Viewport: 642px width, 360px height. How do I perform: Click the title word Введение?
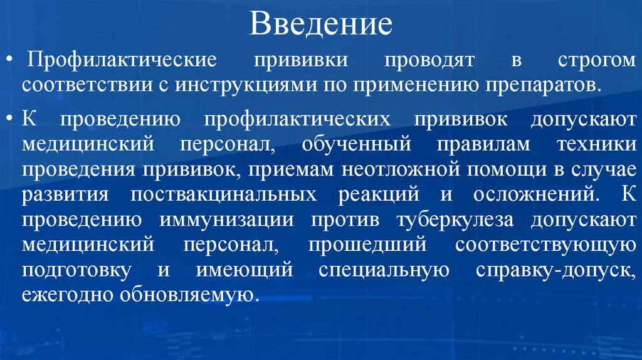pyautogui.click(x=321, y=25)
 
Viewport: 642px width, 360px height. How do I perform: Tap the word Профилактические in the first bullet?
pyautogui.click(x=122, y=61)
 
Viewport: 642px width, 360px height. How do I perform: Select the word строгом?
pyautogui.click(x=596, y=61)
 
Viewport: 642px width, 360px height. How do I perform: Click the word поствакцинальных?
pyautogui.click(x=223, y=194)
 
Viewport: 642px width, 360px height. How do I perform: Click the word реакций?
pyautogui.click(x=379, y=194)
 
